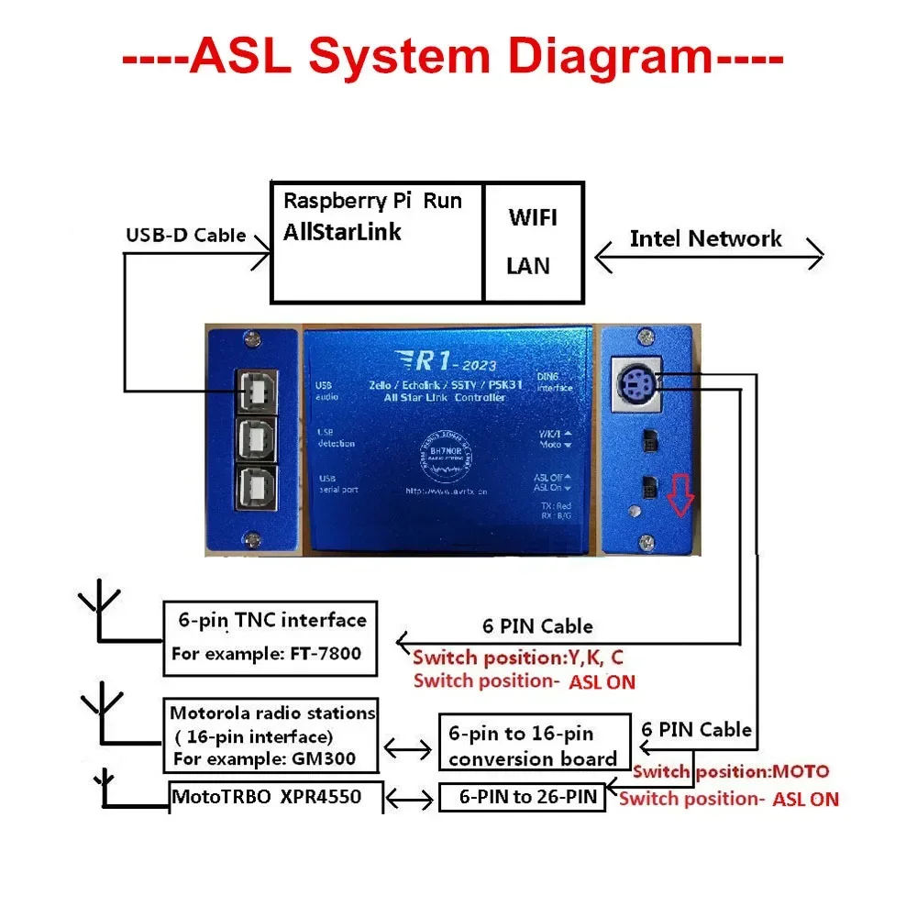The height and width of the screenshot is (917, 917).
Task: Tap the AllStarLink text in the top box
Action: point(342,231)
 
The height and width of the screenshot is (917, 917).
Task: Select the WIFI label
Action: point(532,218)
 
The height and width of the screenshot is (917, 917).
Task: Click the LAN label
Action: point(528,266)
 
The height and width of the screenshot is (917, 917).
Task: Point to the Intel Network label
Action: point(705,239)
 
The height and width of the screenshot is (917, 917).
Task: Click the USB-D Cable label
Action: point(185,236)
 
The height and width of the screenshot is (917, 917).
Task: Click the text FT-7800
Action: point(322,655)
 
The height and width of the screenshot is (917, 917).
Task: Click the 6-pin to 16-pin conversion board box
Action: point(533,746)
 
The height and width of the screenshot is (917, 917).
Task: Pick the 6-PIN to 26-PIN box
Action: point(522,797)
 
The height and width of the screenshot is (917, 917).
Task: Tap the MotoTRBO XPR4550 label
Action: point(266,798)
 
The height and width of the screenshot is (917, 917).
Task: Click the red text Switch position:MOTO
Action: point(731,771)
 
